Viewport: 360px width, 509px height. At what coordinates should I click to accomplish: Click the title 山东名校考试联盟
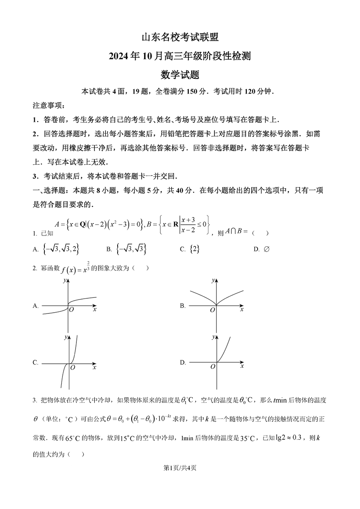pyautogui.click(x=180, y=38)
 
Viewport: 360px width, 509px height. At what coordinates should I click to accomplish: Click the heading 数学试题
pyautogui.click(x=180, y=75)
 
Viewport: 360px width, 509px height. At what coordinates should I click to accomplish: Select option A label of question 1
pyautogui.click(x=36, y=250)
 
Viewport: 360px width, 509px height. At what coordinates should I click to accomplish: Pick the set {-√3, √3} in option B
pyautogui.click(x=131, y=249)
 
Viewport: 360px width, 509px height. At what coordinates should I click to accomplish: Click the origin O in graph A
pyautogui.click(x=72, y=309)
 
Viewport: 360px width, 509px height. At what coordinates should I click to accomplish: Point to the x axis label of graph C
pyautogui.click(x=94, y=367)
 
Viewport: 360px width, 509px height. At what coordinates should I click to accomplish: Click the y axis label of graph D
pyautogui.click(x=213, y=337)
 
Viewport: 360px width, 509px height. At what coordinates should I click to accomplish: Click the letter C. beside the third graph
pyautogui.click(x=36, y=363)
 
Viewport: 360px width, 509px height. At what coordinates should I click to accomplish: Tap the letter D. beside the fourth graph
pyautogui.click(x=183, y=362)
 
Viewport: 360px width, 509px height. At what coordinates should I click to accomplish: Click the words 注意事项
pyautogui.click(x=48, y=106)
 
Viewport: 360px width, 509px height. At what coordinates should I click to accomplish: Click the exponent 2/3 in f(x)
pyautogui.click(x=88, y=266)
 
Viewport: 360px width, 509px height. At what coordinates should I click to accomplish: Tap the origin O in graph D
pyautogui.click(x=212, y=366)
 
